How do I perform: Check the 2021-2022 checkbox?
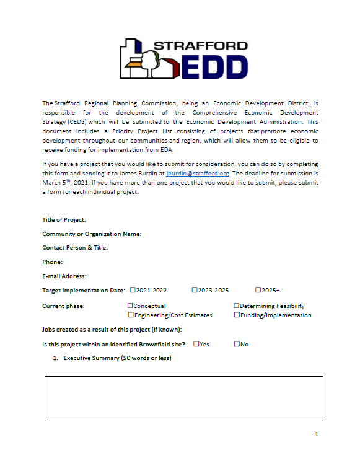pyautogui.click(x=132, y=290)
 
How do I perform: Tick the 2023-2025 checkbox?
pyautogui.click(x=195, y=290)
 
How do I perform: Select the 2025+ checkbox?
pyautogui.click(x=258, y=290)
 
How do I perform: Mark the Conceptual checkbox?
pyautogui.click(x=130, y=306)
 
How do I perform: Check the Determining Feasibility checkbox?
pyautogui.click(x=237, y=306)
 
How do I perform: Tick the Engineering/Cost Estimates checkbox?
pyautogui.click(x=130, y=315)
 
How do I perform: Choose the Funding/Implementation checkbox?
pyautogui.click(x=237, y=315)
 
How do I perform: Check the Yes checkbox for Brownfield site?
pyautogui.click(x=196, y=344)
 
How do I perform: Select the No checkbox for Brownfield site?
pyautogui.click(x=237, y=344)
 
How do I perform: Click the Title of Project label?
pyautogui.click(x=64, y=220)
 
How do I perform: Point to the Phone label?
pyautogui.click(x=52, y=262)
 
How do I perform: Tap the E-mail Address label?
pyautogui.click(x=64, y=276)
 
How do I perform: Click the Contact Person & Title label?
pyautogui.click(x=75, y=248)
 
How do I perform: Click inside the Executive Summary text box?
pyautogui.click(x=183, y=398)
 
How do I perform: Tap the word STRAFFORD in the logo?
pyautogui.click(x=200, y=46)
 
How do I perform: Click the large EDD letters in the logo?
pyautogui.click(x=215, y=65)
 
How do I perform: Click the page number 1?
pyautogui.click(x=317, y=434)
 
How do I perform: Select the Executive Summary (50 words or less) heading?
pyautogui.click(x=117, y=358)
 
